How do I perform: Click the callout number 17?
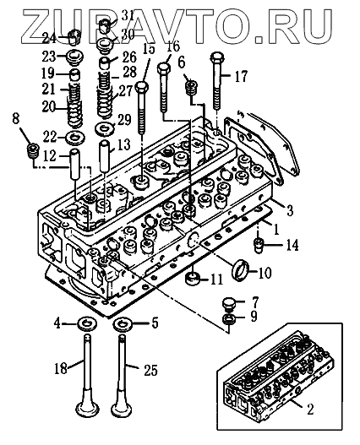[241, 76]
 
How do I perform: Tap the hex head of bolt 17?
[218, 57]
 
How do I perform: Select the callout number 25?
[150, 370]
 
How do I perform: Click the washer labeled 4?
[87, 323]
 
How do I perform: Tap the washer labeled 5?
[123, 323]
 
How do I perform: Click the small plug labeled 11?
[193, 279]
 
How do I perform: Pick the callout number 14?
[292, 245]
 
